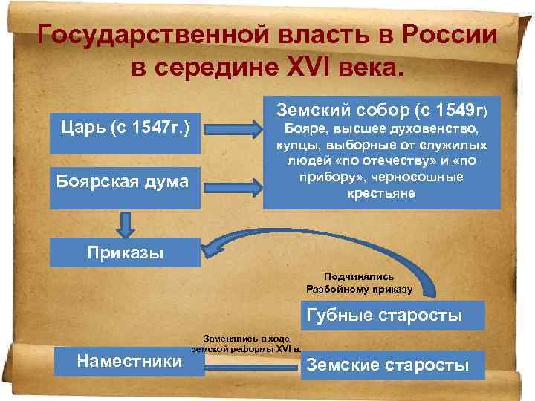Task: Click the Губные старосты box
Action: point(383,316)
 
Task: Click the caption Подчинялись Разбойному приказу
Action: point(363,281)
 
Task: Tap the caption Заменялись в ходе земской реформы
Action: point(246,342)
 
